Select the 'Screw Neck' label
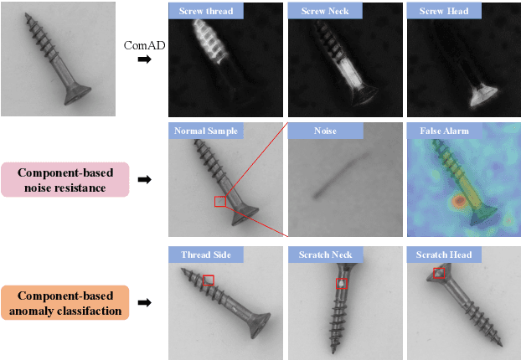(x=326, y=12)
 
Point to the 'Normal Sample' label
(x=207, y=131)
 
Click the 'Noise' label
(x=326, y=131)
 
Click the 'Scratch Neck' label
(x=326, y=255)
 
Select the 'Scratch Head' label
(x=445, y=255)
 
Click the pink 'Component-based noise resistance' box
(x=65, y=179)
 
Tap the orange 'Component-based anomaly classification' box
(x=65, y=303)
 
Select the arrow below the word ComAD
(x=145, y=59)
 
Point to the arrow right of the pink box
(x=145, y=179)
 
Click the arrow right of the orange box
(x=145, y=303)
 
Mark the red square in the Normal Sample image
(x=220, y=201)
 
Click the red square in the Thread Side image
(x=209, y=280)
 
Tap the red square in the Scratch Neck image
(x=341, y=283)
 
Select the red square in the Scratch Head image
(x=439, y=273)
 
